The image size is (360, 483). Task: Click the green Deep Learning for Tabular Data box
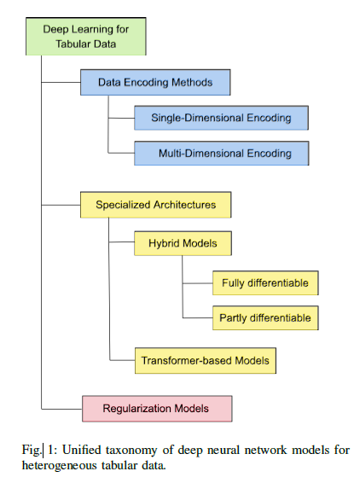coord(86,37)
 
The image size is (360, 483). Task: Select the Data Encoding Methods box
coord(155,82)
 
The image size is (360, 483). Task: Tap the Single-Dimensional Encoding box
coord(221,118)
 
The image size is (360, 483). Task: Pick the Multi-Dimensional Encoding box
coord(221,153)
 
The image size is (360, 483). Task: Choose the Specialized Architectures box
coord(155,205)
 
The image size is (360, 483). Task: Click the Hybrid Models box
coord(183,243)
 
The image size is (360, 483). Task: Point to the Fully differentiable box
coord(265,282)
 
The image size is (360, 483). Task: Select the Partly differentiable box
coord(265,318)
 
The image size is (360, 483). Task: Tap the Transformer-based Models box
coord(206,361)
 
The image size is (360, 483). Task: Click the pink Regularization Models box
coord(157,409)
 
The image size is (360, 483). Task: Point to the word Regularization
coord(136,409)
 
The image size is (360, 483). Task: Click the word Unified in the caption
coord(82,450)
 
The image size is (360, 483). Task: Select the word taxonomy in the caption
coord(131,451)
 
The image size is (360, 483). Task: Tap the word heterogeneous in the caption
coord(59,465)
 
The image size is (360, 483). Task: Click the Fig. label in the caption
coord(31,450)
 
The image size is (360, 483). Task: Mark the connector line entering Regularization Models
coord(62,409)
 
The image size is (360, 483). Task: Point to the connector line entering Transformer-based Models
coord(122,360)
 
